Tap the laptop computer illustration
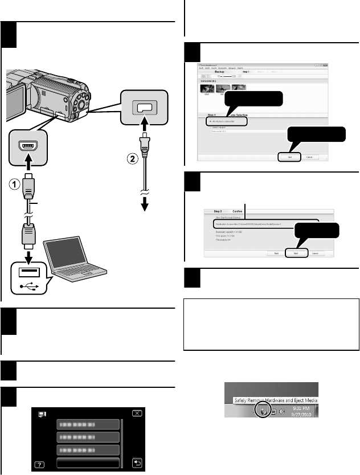[x=76, y=251]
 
